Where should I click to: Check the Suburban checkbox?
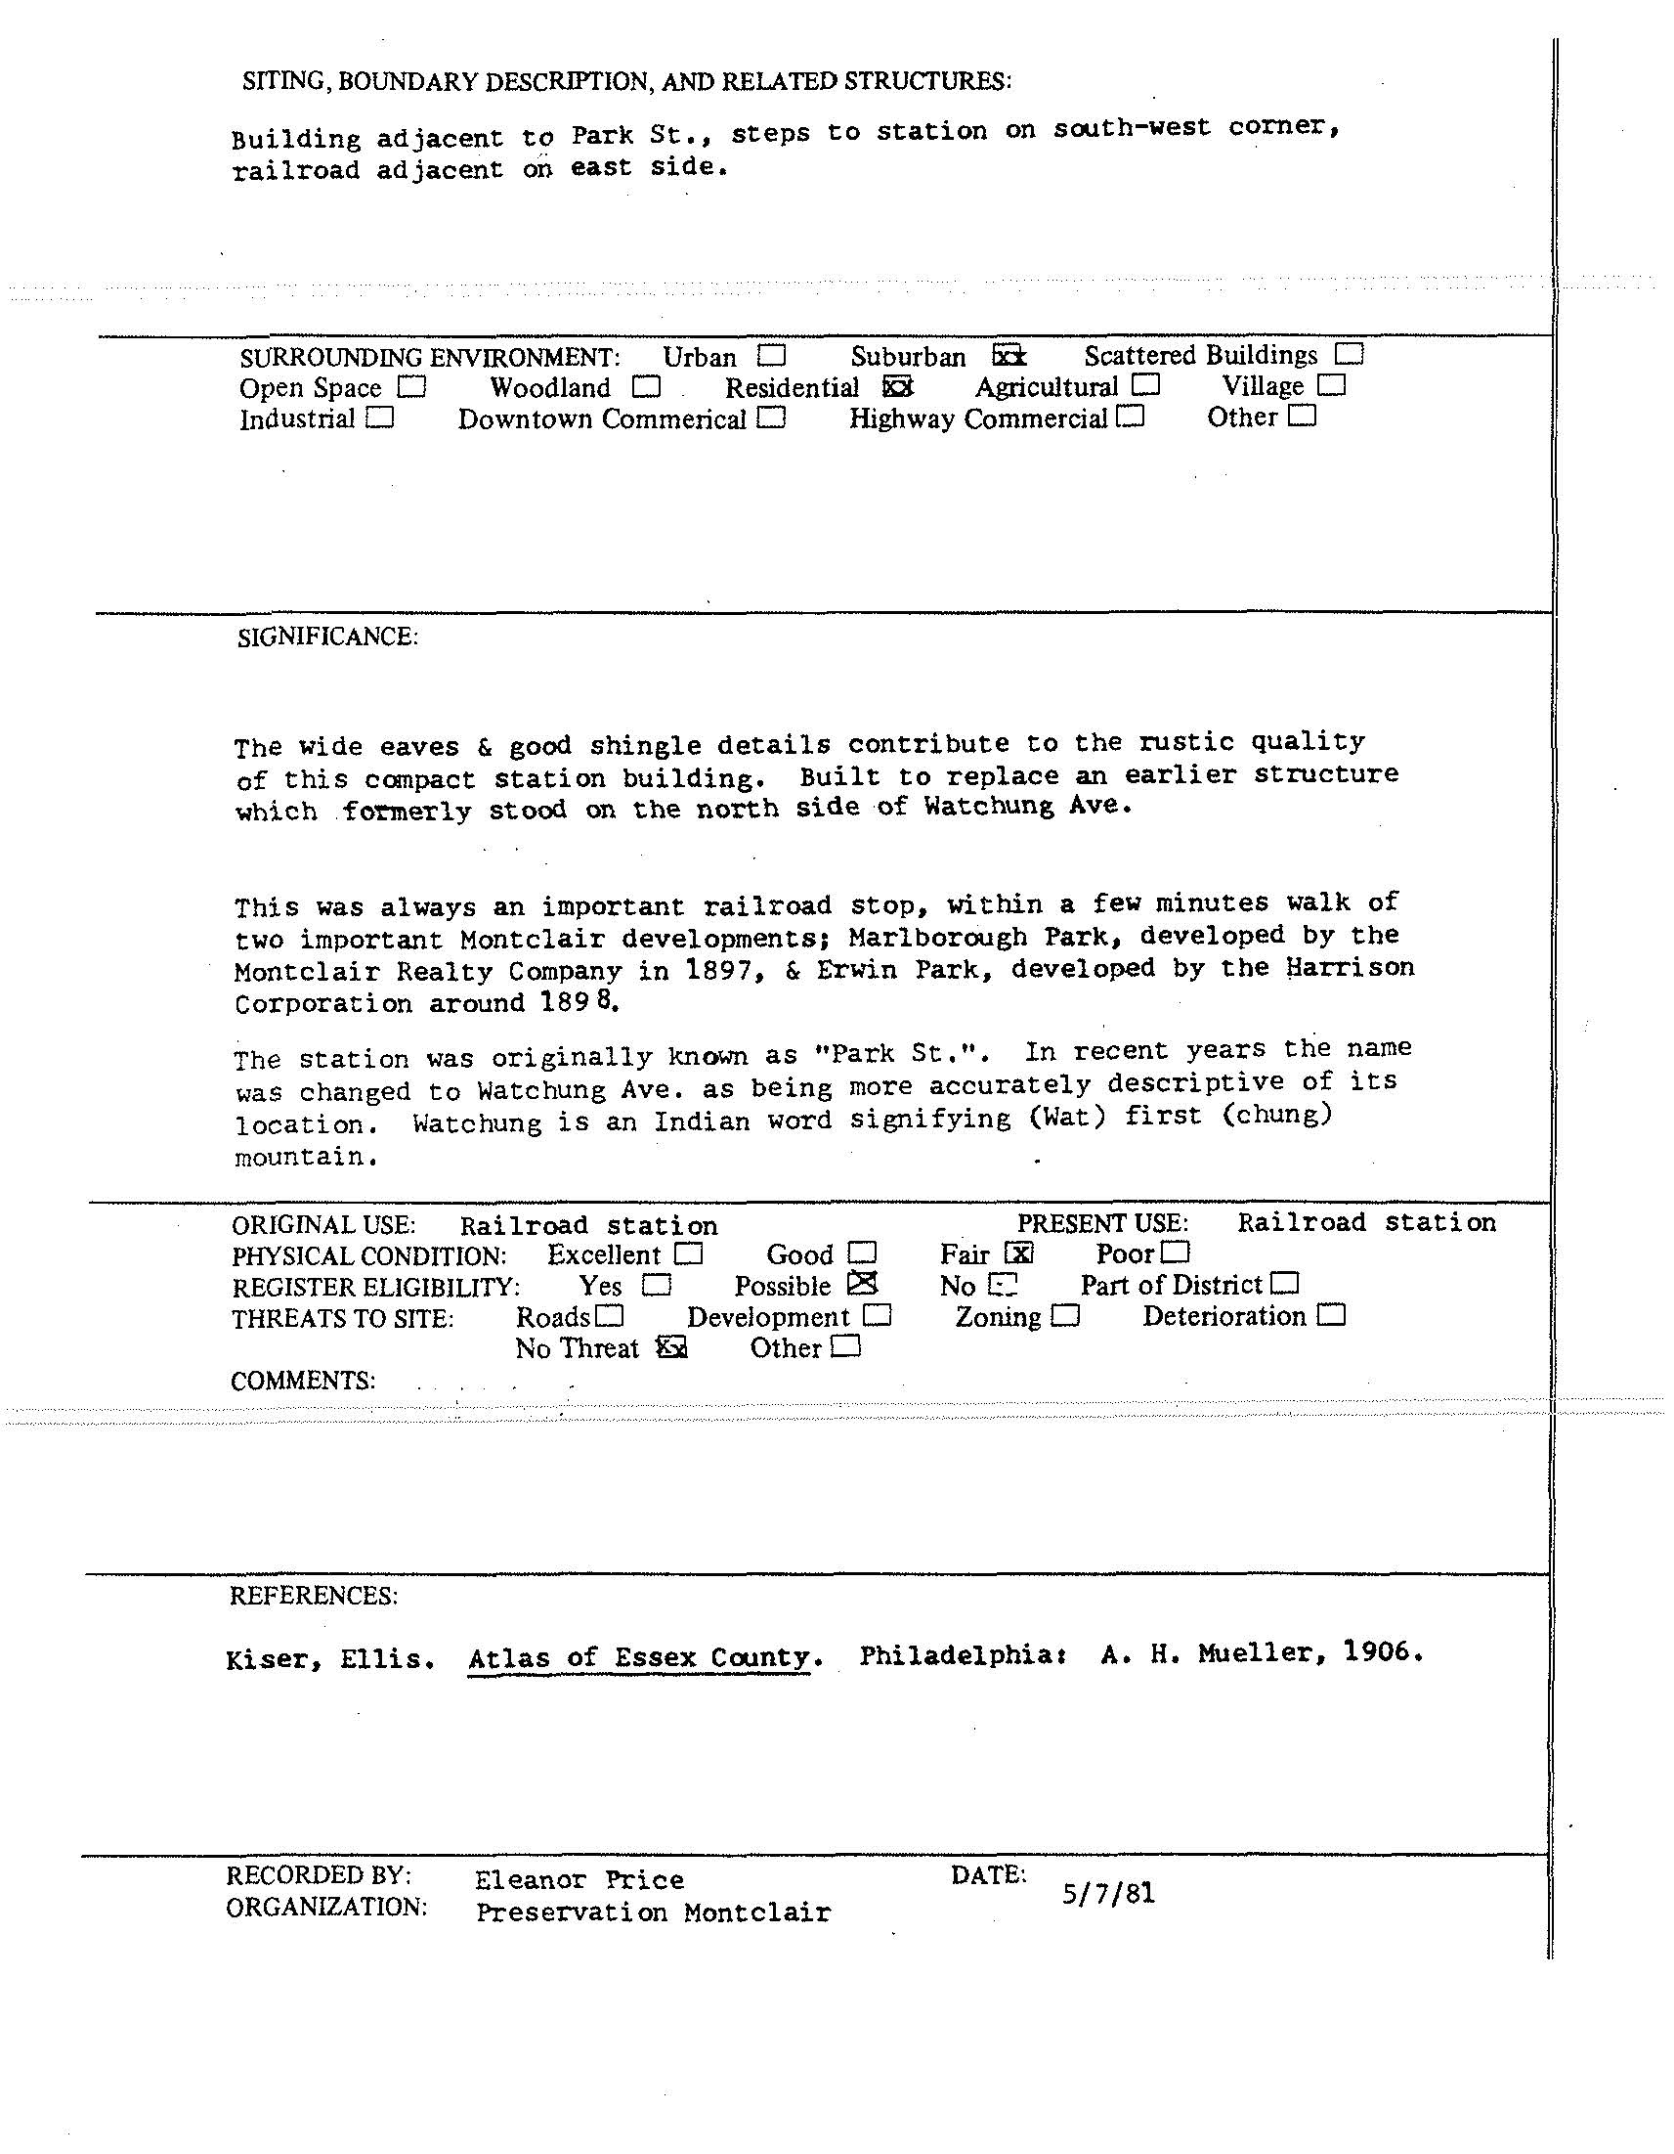(1009, 355)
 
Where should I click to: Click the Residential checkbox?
(897, 386)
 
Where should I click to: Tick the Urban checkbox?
(771, 355)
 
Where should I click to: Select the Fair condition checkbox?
(1018, 1253)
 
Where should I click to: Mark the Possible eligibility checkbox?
(862, 1284)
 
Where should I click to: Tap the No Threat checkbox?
(671, 1347)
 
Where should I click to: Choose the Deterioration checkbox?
(1331, 1315)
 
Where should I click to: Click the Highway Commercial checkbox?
(1131, 418)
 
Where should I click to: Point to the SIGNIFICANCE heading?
(327, 637)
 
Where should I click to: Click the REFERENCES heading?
(314, 1596)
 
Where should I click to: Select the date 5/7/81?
(1108, 1894)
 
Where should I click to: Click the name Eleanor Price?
(579, 1880)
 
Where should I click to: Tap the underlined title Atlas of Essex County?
(639, 1658)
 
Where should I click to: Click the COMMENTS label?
(303, 1381)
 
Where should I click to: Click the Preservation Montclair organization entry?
(653, 1912)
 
